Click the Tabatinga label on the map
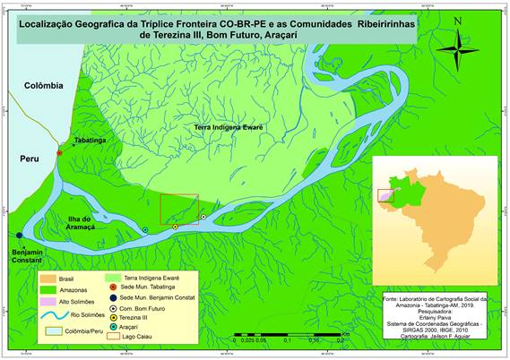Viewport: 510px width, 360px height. (x=91, y=141)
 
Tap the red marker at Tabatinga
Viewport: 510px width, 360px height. (x=59, y=153)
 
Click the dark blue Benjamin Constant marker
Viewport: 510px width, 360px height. (x=19, y=236)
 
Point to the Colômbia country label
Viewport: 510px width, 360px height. (x=44, y=85)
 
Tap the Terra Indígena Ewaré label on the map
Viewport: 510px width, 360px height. (x=228, y=129)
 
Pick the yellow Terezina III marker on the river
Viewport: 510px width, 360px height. (x=176, y=227)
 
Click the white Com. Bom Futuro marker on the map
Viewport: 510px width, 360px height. (x=203, y=217)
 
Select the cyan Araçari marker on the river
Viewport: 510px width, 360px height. (x=145, y=230)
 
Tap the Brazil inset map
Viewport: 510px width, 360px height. (x=431, y=209)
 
